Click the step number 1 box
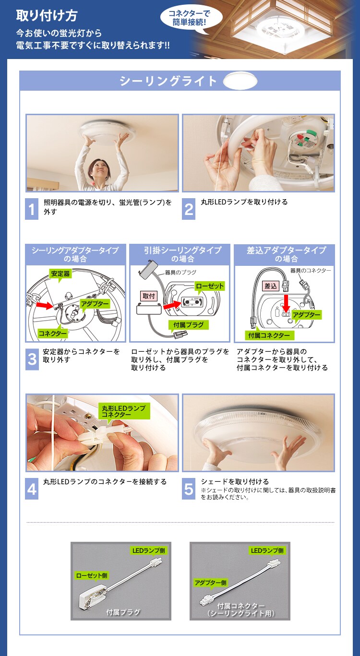pyautogui.click(x=32, y=209)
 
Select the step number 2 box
pyautogui.click(x=189, y=209)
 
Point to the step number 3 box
pyautogui.click(x=32, y=359)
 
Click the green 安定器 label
pyautogui.click(x=60, y=274)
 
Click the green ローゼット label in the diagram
pyautogui.click(x=210, y=286)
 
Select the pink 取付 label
pyautogui.click(x=149, y=296)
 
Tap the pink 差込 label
pyautogui.click(x=271, y=286)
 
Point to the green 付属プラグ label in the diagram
pyautogui.click(x=189, y=325)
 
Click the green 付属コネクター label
pyautogui.click(x=269, y=335)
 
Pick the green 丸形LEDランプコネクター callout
pyautogui.click(x=124, y=411)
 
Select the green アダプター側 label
pyautogui.click(x=211, y=583)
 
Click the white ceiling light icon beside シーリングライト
pyautogui.click(x=240, y=81)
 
